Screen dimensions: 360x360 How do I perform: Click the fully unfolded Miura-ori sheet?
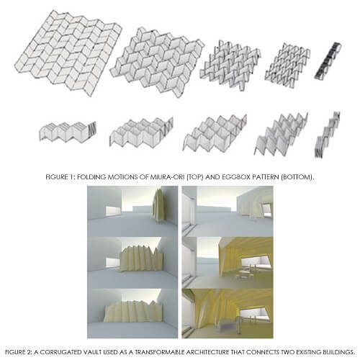(x=68, y=53)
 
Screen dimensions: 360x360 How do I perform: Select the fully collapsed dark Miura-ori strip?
(x=328, y=60)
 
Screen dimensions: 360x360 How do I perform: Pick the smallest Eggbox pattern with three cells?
(x=68, y=132)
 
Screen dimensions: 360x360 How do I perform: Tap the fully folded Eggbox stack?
(x=327, y=135)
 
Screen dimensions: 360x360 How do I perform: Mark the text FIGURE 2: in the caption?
(x=19, y=352)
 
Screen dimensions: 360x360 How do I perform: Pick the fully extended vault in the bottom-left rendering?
(x=133, y=311)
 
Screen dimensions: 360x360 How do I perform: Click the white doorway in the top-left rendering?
(x=113, y=210)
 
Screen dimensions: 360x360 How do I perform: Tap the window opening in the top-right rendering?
(x=266, y=210)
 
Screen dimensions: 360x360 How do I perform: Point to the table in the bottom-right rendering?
(x=228, y=323)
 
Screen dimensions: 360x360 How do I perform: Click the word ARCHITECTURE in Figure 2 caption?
(x=208, y=352)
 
